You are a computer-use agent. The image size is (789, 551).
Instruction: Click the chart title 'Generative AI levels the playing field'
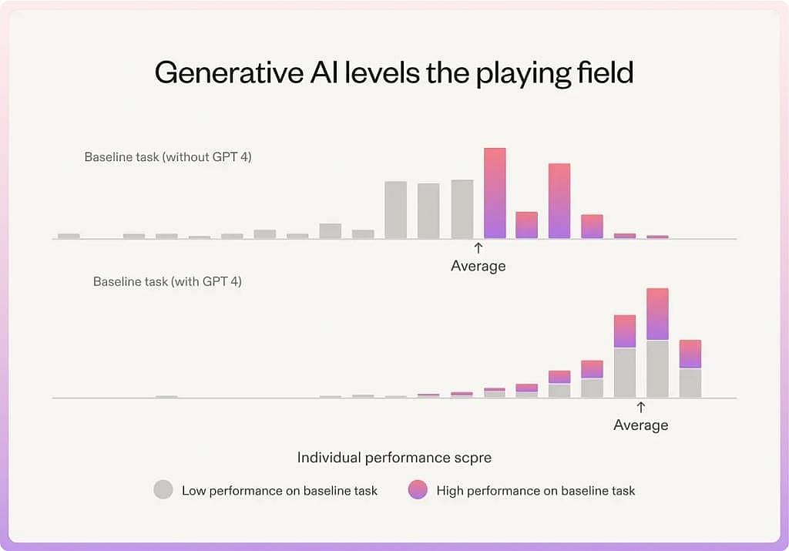pos(394,73)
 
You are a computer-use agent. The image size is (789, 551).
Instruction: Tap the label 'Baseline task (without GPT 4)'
pos(168,157)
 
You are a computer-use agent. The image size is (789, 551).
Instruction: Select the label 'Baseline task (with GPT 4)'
pos(167,281)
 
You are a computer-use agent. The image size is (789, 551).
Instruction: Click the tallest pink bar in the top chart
pos(495,193)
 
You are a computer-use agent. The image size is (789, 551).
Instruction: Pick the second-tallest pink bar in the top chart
pos(559,200)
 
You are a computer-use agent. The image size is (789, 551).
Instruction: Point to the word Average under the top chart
pos(478,266)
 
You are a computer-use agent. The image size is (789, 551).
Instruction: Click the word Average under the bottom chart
pos(640,425)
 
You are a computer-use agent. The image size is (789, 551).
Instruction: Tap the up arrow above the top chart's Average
pos(478,247)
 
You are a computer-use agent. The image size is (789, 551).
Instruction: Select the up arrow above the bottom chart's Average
pos(640,407)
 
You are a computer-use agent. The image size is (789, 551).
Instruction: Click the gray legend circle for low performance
pos(163,489)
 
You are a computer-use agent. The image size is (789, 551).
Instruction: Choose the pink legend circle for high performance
pos(418,489)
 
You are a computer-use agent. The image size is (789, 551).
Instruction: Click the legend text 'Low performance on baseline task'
pos(279,491)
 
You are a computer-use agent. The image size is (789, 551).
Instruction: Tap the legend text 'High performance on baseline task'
pos(536,491)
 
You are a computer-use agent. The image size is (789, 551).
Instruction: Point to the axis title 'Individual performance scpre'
pos(394,458)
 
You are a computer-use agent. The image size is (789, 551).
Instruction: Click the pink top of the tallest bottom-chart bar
pos(658,314)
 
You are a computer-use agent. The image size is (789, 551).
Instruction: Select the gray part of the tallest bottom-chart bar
pos(658,369)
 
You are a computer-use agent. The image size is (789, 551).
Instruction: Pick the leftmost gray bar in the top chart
pos(69,236)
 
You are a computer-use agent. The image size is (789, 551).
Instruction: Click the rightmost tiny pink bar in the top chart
pos(658,237)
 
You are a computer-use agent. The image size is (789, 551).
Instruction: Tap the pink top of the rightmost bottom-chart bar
pos(690,354)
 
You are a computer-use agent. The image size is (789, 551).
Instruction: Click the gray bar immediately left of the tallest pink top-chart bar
pos(462,209)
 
